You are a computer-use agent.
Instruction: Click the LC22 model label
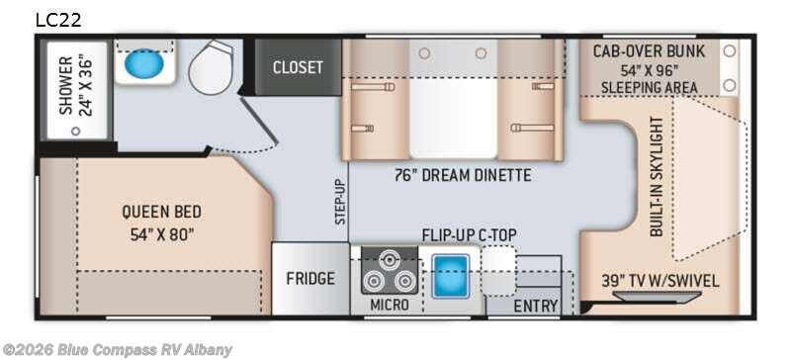58,20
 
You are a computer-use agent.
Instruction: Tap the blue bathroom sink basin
144,64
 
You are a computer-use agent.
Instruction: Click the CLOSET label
298,67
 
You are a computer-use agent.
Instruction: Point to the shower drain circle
76,132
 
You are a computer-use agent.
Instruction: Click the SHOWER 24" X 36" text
76,86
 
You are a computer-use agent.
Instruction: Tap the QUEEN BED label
161,212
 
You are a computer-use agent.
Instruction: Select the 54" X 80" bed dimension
162,234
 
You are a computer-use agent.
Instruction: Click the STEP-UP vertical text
341,202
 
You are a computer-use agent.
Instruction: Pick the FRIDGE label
310,278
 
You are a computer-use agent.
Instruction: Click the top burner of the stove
389,260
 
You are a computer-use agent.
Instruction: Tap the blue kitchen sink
451,276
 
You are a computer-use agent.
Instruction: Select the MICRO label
390,305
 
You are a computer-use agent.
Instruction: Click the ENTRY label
536,306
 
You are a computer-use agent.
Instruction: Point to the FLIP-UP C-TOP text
469,235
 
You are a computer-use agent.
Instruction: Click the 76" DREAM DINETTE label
463,175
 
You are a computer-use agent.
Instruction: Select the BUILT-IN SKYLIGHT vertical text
657,177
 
